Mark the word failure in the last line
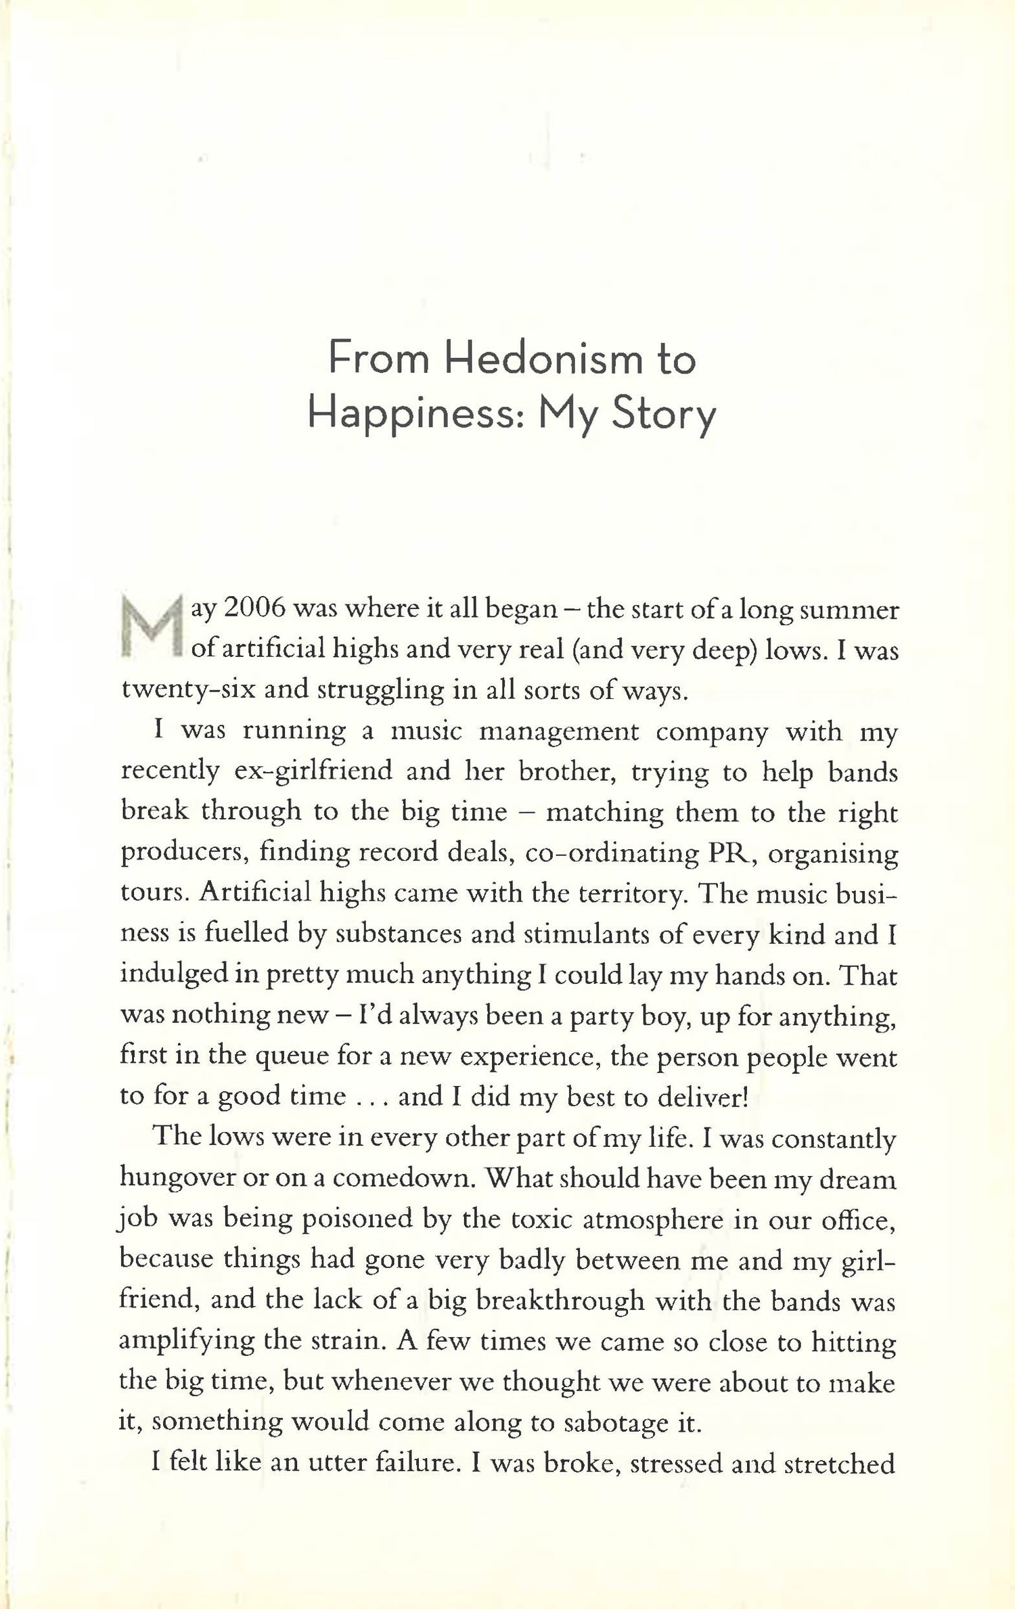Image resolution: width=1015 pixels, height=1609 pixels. tap(402, 1463)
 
